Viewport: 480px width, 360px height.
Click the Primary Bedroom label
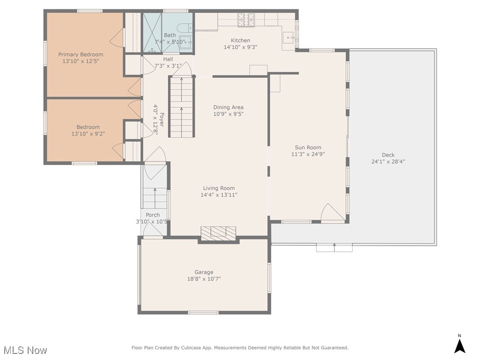pyautogui.click(x=81, y=54)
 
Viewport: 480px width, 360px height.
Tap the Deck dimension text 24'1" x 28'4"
pyautogui.click(x=388, y=162)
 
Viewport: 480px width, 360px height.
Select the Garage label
pyautogui.click(x=204, y=272)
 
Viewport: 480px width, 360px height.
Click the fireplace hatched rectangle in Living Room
pyautogui.click(x=218, y=232)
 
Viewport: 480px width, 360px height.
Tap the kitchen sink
pyautogui.click(x=289, y=36)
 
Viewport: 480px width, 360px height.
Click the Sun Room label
pyautogui.click(x=307, y=147)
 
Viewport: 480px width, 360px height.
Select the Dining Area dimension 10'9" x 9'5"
pyautogui.click(x=228, y=114)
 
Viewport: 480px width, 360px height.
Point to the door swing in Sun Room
pyautogui.click(x=332, y=213)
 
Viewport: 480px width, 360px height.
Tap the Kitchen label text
pyautogui.click(x=240, y=40)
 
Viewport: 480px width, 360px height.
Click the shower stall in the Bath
pyautogui.click(x=152, y=32)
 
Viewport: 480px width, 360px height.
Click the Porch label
pyautogui.click(x=152, y=215)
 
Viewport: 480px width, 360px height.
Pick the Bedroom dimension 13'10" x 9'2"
pyautogui.click(x=88, y=134)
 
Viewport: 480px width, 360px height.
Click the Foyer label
pyautogui.click(x=161, y=120)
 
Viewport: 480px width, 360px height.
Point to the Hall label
pyautogui.click(x=168, y=59)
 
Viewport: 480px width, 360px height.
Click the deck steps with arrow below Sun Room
pyautogui.click(x=334, y=247)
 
